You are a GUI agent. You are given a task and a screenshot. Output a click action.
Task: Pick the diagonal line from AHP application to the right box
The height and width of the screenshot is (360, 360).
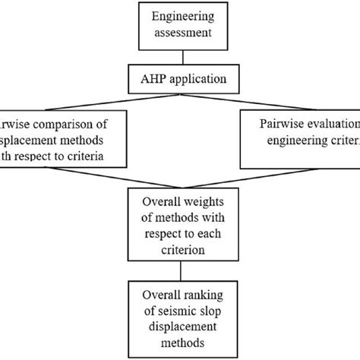point(296,99)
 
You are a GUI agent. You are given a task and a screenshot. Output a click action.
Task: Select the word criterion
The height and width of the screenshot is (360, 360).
point(179,248)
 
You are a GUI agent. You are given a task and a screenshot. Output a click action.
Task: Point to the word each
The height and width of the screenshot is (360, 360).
point(210,232)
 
